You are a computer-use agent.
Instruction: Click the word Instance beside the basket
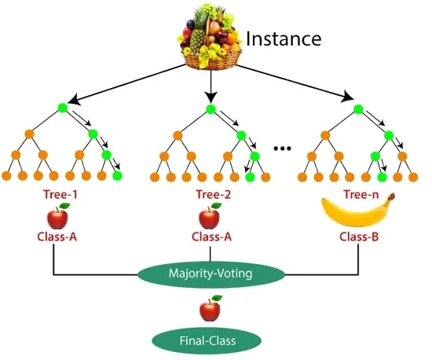[284, 39]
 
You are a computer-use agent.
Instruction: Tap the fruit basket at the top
[210, 36]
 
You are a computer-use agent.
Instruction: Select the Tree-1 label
[60, 195]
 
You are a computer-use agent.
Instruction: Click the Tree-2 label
[213, 195]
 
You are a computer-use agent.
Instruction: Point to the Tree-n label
[361, 195]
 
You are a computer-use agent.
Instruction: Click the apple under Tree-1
[58, 216]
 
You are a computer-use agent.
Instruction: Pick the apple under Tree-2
[210, 216]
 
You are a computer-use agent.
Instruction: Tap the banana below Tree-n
[358, 211]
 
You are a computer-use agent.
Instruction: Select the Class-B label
[359, 237]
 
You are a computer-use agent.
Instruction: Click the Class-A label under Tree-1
[57, 237]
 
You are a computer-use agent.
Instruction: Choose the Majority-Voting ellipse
[211, 274]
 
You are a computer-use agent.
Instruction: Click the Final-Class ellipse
[207, 340]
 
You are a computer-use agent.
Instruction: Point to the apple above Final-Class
[211, 309]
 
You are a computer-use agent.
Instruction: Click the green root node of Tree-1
[63, 108]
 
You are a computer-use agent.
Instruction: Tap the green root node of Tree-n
[358, 109]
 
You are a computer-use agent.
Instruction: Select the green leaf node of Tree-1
[117, 175]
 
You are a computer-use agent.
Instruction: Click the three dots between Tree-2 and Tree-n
[282, 149]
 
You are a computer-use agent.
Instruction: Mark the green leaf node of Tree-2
[250, 177]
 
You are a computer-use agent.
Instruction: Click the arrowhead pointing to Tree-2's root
[211, 97]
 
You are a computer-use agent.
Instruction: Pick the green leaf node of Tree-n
[382, 177]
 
